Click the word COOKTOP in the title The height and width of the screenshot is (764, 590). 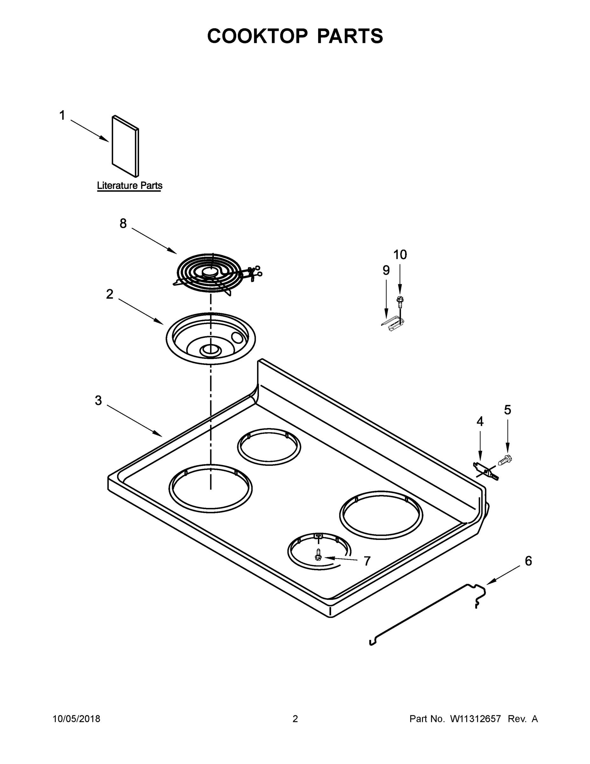[258, 36]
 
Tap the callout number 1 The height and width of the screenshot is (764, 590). [62, 116]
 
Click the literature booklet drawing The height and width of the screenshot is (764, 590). [125, 146]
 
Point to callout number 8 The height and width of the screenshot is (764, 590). [123, 223]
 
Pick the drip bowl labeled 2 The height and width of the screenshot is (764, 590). [211, 338]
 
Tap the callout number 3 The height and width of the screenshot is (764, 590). [98, 400]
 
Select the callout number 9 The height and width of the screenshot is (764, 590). [386, 270]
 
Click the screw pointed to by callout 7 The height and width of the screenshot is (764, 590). [318, 555]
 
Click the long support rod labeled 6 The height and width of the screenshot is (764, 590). [420, 616]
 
